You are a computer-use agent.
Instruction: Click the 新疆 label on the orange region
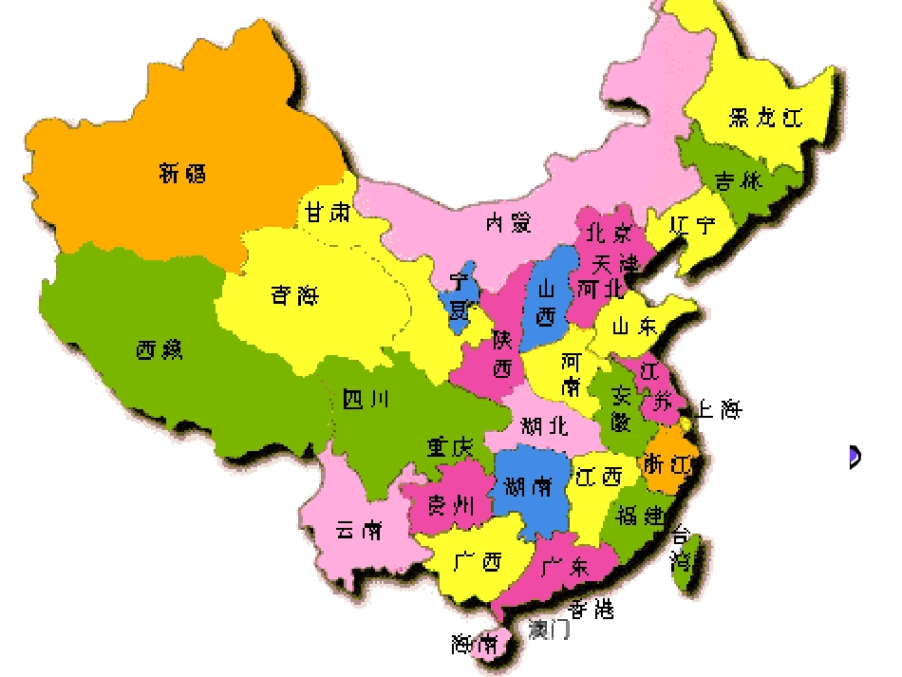[182, 173]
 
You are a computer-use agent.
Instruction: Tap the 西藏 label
[160, 350]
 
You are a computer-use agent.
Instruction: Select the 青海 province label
[294, 296]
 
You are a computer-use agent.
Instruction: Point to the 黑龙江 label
[765, 118]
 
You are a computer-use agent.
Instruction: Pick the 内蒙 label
[508, 223]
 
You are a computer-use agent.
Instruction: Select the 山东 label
[633, 327]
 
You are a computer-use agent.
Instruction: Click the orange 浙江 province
[669, 464]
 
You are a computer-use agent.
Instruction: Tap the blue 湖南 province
[528, 488]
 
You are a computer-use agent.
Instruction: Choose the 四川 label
[366, 400]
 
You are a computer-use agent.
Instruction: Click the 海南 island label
[475, 645]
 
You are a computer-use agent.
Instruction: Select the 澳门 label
[549, 629]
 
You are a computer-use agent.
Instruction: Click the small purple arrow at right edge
[855, 457]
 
